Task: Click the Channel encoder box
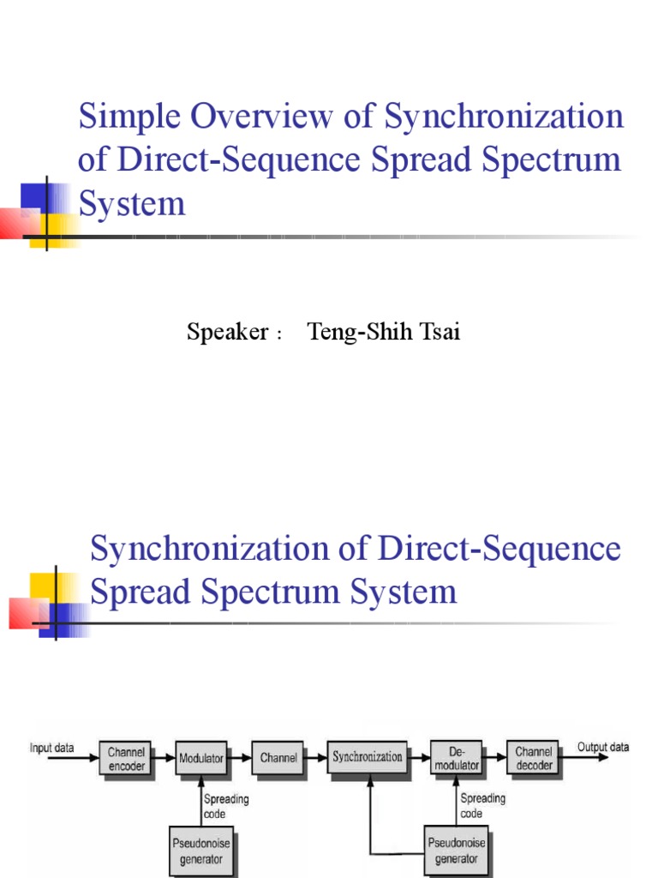(x=127, y=758)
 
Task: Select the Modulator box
(x=201, y=758)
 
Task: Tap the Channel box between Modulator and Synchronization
(x=278, y=758)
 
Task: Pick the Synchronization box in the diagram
(x=368, y=757)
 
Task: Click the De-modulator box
(x=455, y=758)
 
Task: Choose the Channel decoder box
(x=533, y=758)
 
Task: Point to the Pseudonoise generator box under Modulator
(x=200, y=850)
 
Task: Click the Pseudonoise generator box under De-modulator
(x=456, y=850)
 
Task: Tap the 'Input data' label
(x=52, y=748)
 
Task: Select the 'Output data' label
(x=602, y=747)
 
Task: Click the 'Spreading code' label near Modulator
(x=226, y=806)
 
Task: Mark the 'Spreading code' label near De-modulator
(x=482, y=806)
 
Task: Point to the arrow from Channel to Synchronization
(x=315, y=758)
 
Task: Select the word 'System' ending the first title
(x=131, y=204)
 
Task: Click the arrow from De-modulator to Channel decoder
(x=494, y=758)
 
